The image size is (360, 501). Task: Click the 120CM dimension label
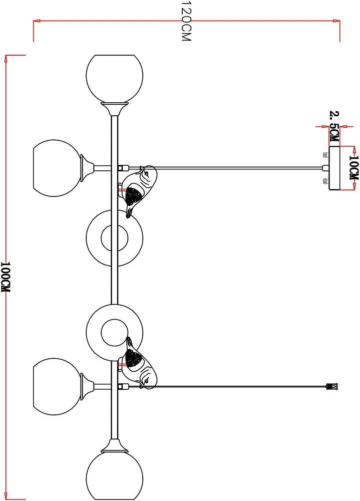(186, 21)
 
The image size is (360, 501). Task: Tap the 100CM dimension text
(6, 277)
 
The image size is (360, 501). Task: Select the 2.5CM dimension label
(334, 127)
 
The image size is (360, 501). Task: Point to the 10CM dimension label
(354, 167)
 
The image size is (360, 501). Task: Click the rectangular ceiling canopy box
(334, 168)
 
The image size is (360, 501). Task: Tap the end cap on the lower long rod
(332, 386)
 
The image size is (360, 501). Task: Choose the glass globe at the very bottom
(115, 476)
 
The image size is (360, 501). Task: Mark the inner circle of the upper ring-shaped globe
(115, 238)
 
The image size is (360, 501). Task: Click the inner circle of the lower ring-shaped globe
(115, 333)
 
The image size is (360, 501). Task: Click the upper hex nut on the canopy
(326, 155)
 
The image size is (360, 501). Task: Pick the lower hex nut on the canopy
(326, 181)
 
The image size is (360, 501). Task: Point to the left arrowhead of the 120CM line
(37, 21)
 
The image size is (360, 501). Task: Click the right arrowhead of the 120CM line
(336, 21)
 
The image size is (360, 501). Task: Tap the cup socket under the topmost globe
(115, 109)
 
